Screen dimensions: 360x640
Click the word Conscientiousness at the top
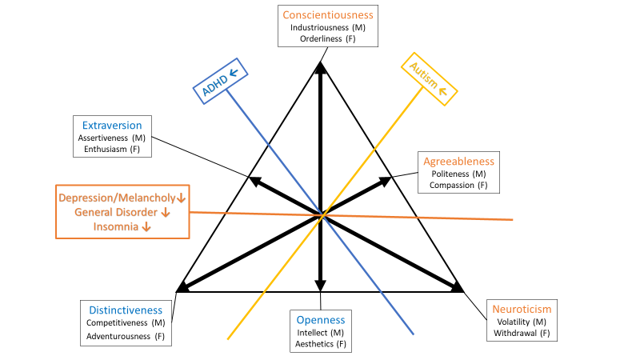point(328,14)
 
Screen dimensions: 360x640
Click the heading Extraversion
point(111,126)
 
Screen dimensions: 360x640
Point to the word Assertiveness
point(105,138)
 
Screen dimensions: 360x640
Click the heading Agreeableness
point(458,161)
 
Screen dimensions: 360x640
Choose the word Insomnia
point(114,227)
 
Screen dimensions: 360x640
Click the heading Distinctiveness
point(125,310)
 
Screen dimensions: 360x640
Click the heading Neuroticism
point(522,309)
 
